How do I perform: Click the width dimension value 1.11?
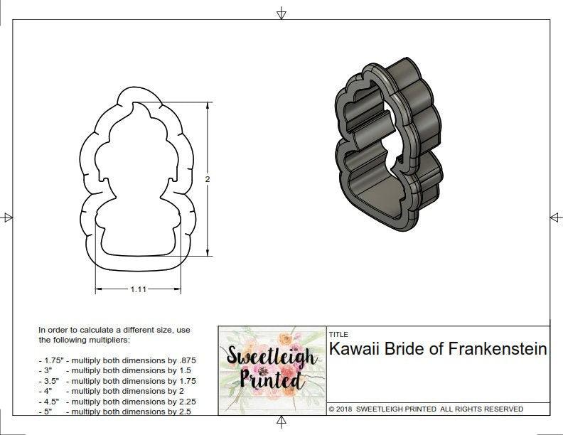(x=138, y=289)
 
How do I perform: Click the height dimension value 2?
(x=208, y=180)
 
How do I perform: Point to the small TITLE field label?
(x=338, y=334)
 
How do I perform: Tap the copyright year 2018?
(x=345, y=409)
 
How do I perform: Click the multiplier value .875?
(x=186, y=360)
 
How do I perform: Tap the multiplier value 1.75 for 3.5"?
(x=186, y=381)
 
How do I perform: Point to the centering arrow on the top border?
(x=281, y=13)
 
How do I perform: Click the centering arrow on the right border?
(x=555, y=217)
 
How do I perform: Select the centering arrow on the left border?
(x=7, y=217)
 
